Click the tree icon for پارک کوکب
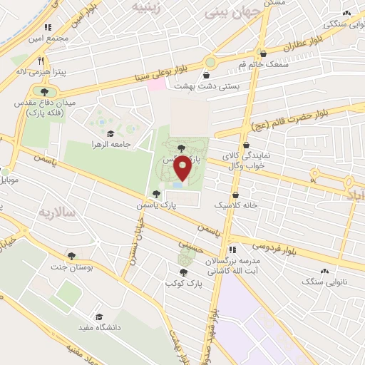184,272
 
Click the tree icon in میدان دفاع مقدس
45,92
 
